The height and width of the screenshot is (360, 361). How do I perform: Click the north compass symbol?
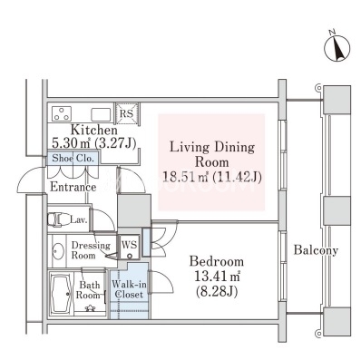pyautogui.click(x=337, y=48)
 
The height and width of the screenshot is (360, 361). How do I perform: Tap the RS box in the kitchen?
pyautogui.click(x=126, y=113)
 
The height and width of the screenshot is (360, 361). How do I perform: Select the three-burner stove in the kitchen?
pyautogui.click(x=62, y=114)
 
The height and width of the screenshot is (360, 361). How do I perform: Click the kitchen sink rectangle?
pyautogui.click(x=101, y=114)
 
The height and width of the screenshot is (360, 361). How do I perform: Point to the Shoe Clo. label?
pyautogui.click(x=73, y=158)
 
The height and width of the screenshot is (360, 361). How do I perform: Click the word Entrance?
pyautogui.click(x=73, y=187)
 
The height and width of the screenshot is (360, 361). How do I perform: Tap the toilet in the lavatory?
pyautogui.click(x=58, y=219)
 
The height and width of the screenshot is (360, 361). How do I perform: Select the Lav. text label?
pyautogui.click(x=78, y=219)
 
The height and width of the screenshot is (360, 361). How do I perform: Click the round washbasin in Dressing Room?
pyautogui.click(x=57, y=251)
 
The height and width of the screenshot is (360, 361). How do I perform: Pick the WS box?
pyautogui.click(x=130, y=247)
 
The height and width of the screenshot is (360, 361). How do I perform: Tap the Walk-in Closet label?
pyautogui.click(x=129, y=289)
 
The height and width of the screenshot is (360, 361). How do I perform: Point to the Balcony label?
pyautogui.click(x=316, y=250)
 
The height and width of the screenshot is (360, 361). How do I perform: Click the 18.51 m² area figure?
pyautogui.click(x=185, y=177)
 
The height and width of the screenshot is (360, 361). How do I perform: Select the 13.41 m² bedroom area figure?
pyautogui.click(x=217, y=276)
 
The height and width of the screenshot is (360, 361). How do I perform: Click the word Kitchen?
pyautogui.click(x=93, y=130)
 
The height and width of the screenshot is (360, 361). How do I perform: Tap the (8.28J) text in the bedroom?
pyautogui.click(x=217, y=291)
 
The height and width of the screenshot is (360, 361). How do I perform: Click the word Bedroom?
pyautogui.click(x=217, y=261)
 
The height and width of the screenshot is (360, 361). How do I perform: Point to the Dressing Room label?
pyautogui.click(x=91, y=250)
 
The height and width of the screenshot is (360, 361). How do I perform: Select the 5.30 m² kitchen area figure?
pyautogui.click(x=72, y=142)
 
